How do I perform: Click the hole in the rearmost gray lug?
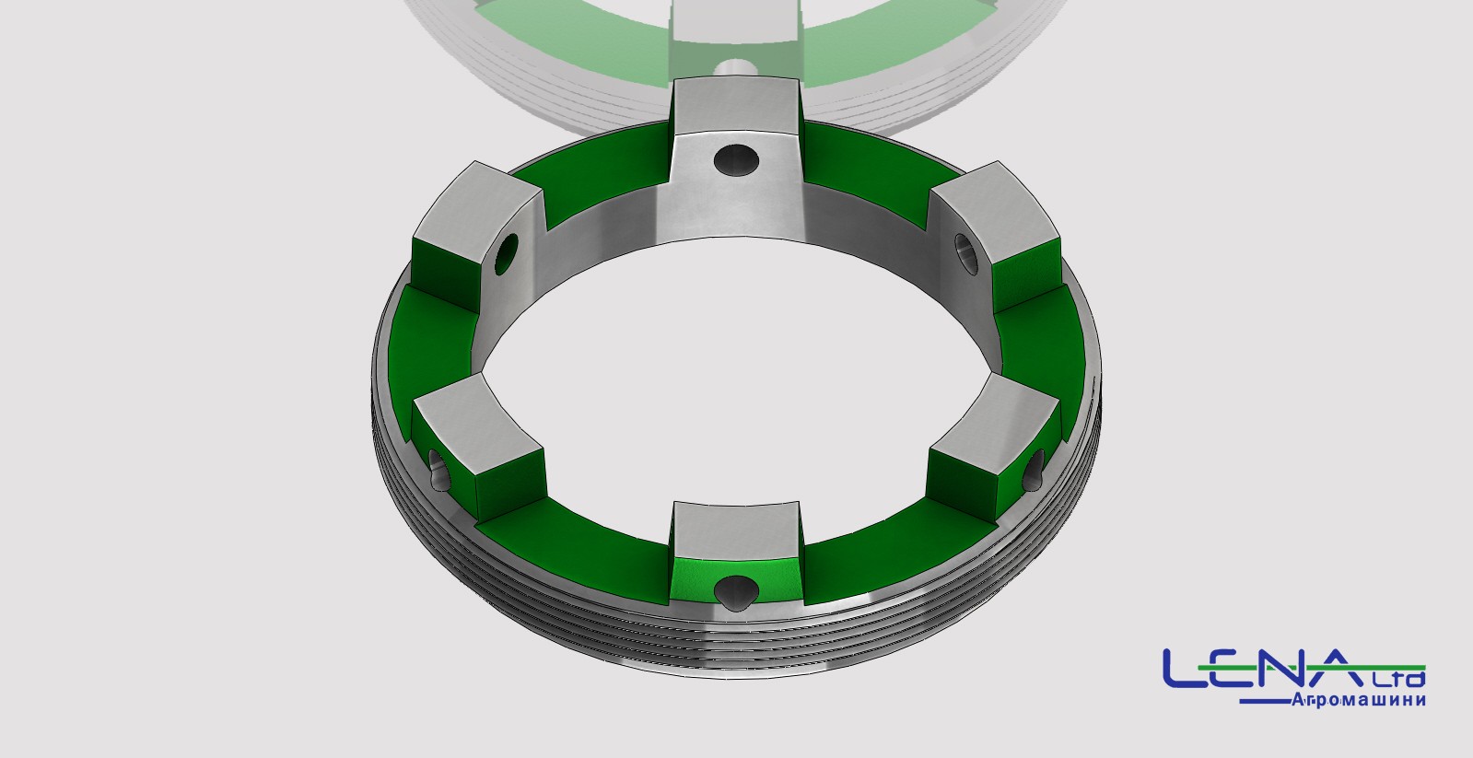tap(737, 159)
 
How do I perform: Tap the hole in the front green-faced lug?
tap(737, 590)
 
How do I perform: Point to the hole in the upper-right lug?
tap(966, 254)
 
